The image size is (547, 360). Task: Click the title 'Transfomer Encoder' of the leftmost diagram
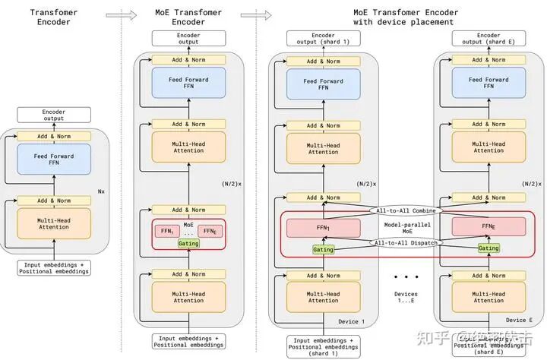(55, 17)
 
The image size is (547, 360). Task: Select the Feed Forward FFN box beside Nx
(54, 160)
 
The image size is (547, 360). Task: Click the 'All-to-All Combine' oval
(402, 210)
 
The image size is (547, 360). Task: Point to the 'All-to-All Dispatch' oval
(402, 243)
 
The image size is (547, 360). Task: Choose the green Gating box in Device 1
(323, 249)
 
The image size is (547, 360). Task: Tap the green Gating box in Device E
(489, 248)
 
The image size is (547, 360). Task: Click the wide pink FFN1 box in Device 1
(323, 226)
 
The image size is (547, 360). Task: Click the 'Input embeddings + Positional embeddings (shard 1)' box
(323, 346)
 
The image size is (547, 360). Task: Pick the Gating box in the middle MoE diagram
(188, 244)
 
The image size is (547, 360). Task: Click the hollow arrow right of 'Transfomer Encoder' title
(115, 14)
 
